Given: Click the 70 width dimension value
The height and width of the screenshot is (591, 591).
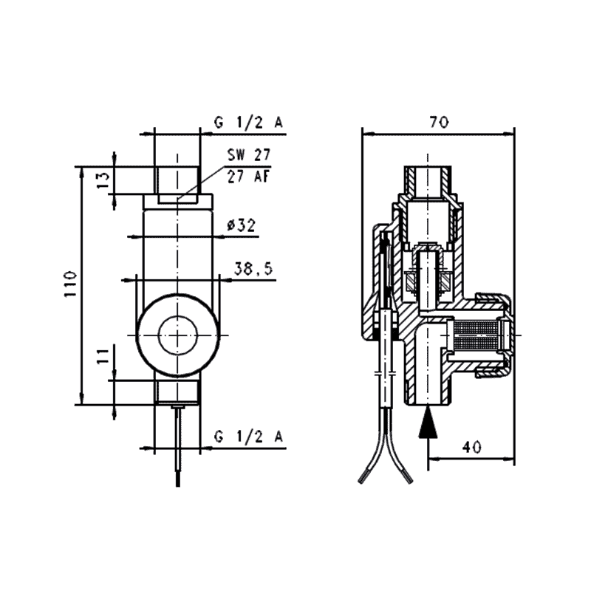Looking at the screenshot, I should coord(439,123).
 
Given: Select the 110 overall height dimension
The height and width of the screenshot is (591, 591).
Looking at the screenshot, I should coord(69,284).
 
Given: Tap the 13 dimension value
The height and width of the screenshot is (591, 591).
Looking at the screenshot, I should coord(104,177).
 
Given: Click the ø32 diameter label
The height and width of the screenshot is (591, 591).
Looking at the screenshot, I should coord(241,226).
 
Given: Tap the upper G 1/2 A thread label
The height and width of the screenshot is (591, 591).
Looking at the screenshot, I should coord(248,123).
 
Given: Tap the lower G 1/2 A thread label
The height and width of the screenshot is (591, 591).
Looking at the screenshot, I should coord(248,437).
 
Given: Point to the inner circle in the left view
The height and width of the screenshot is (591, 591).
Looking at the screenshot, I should coord(177,334).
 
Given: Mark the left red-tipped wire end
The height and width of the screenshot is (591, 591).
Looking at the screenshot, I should coord(363,478).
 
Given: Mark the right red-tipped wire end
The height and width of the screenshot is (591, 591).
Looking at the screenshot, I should coord(409,477).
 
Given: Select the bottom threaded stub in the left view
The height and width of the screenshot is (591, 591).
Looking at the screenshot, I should coord(177,392).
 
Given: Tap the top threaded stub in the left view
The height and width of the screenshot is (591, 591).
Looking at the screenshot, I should coord(177,173).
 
